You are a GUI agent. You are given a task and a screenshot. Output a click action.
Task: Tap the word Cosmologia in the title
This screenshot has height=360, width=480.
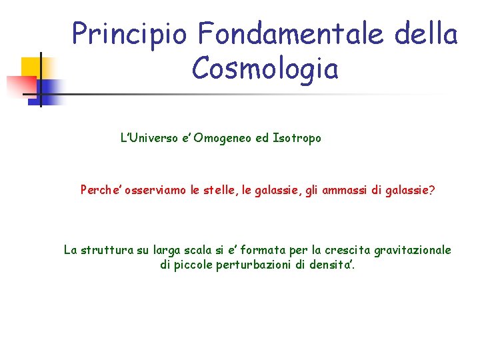point(265,68)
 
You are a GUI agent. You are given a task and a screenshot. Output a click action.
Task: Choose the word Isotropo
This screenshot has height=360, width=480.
point(297,139)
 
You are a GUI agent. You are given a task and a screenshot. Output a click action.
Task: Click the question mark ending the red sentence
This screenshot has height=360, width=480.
point(432,190)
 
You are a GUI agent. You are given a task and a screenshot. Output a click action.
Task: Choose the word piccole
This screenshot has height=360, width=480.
point(193,265)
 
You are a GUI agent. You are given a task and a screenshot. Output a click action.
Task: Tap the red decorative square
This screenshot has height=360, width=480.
point(20,86)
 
